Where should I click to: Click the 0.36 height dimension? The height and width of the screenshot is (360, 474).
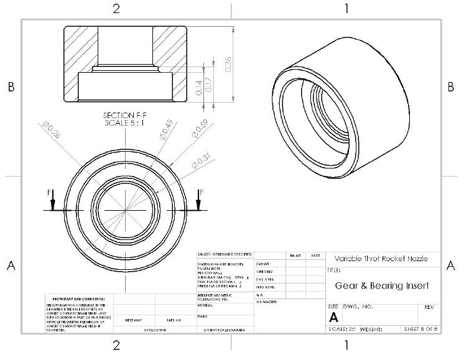[228, 63]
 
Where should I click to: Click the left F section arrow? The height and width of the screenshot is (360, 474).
[53, 200]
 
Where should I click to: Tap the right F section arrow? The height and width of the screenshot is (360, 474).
[199, 200]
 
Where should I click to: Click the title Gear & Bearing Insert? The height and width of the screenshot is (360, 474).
[382, 286]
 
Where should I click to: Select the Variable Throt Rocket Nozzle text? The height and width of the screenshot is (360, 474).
[380, 259]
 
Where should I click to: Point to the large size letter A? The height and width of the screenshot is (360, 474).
[333, 316]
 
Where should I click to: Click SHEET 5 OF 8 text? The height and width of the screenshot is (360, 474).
[421, 328]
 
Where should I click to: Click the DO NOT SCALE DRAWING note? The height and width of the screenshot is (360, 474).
[224, 330]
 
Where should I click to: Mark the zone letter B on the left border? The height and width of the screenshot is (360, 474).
[11, 88]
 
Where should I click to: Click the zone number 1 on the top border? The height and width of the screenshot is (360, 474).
[346, 8]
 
